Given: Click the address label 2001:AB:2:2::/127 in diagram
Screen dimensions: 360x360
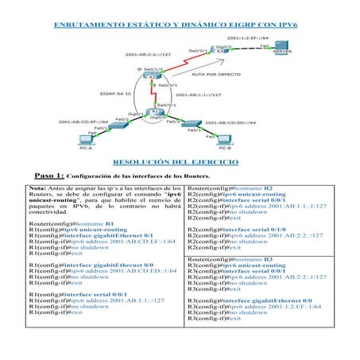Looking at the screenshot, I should point(149,54).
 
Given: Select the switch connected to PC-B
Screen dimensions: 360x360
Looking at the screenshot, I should point(191,125).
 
